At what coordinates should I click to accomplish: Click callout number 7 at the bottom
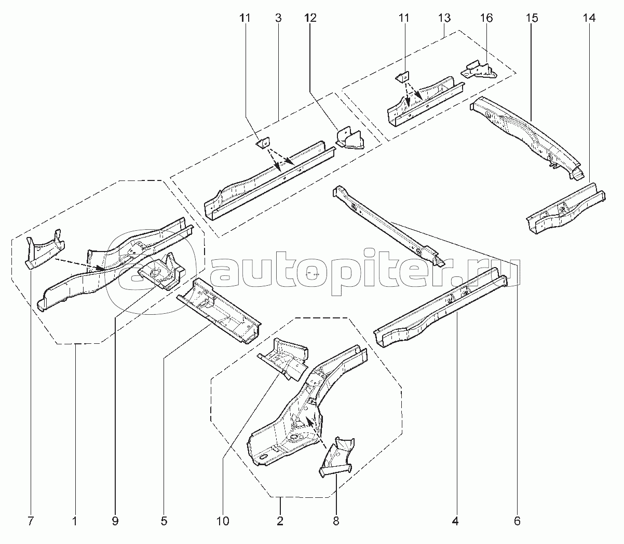(x=30, y=522)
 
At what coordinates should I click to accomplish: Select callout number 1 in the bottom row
(x=75, y=522)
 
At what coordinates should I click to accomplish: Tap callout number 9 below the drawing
(x=115, y=522)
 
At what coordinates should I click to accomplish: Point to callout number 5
(x=164, y=522)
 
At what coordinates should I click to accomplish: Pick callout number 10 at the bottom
(x=223, y=522)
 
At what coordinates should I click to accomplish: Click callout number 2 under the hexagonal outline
(x=280, y=522)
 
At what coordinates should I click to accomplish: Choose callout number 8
(x=336, y=522)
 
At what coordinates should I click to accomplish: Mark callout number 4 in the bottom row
(x=455, y=522)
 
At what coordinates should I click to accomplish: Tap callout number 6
(x=517, y=522)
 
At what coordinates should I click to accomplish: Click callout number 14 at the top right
(x=589, y=18)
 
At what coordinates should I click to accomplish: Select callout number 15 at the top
(x=532, y=18)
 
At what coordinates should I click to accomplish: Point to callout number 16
(x=486, y=18)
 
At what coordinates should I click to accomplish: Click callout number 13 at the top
(x=444, y=18)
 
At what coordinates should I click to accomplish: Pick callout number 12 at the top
(x=310, y=18)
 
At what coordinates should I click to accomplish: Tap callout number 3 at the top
(x=278, y=18)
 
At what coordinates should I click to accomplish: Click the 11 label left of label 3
(x=245, y=18)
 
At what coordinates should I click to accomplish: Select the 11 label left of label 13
(x=404, y=18)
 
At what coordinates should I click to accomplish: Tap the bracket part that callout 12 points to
(x=350, y=139)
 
